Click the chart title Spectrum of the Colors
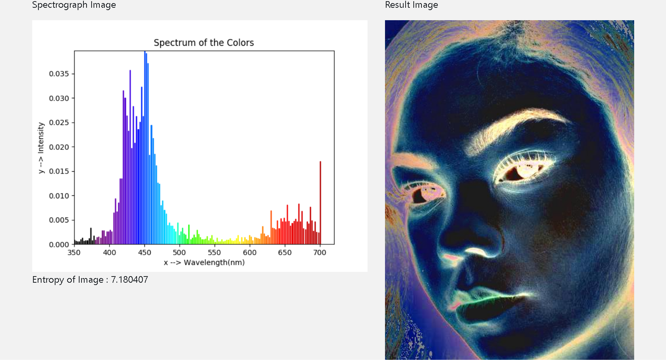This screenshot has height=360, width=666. pyautogui.click(x=204, y=43)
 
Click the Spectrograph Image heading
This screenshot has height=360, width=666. pyautogui.click(x=74, y=5)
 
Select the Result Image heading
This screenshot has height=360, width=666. pyautogui.click(x=411, y=5)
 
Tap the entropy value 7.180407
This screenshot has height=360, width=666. pyautogui.click(x=130, y=280)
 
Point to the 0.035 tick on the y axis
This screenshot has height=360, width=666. pyautogui.click(x=59, y=74)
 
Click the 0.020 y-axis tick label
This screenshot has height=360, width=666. pyautogui.click(x=59, y=147)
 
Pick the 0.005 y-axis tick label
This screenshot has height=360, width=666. pyautogui.click(x=59, y=220)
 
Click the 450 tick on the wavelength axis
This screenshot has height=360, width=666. pyautogui.click(x=144, y=252)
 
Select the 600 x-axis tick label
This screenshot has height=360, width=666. pyautogui.click(x=250, y=252)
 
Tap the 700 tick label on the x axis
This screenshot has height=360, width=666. pyautogui.click(x=320, y=252)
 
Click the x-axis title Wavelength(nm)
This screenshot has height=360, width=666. pyautogui.click(x=214, y=263)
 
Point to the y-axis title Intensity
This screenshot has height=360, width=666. pyautogui.click(x=41, y=137)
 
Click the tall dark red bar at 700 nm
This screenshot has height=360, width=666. pyautogui.click(x=320, y=203)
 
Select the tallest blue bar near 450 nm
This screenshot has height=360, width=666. pyautogui.click(x=145, y=148)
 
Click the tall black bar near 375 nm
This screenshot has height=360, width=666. pyautogui.click(x=91, y=236)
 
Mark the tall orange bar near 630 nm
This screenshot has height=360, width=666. pyautogui.click(x=271, y=227)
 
